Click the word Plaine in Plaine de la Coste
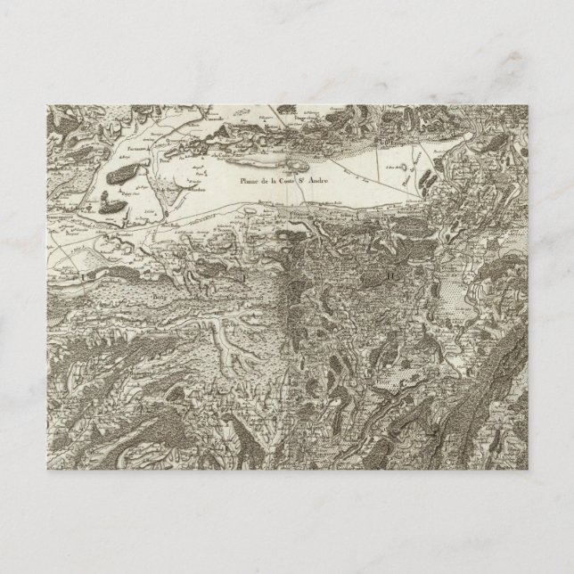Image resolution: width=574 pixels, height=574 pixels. (x=249, y=183)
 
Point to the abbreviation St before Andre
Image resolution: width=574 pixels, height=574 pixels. (x=313, y=183)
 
